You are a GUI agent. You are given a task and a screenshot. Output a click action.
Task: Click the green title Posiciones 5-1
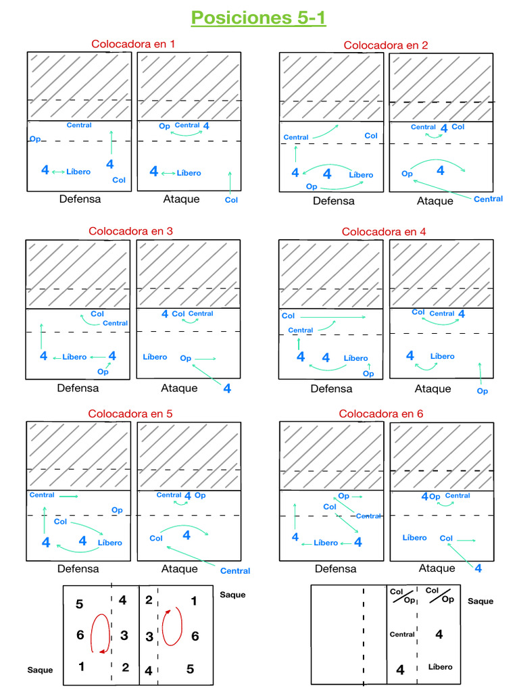(x=259, y=17)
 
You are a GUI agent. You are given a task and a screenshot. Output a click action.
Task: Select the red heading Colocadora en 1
(x=133, y=44)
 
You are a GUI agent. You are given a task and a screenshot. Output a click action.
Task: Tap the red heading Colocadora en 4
(x=384, y=231)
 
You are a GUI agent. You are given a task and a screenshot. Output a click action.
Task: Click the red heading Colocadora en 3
(x=131, y=231)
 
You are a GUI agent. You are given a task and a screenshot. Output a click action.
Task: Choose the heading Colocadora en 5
(x=130, y=413)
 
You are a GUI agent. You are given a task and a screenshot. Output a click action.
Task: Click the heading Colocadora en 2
(x=385, y=45)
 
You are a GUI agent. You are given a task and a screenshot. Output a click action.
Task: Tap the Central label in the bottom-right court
(x=402, y=635)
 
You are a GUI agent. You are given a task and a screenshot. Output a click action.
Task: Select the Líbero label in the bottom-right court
(x=440, y=667)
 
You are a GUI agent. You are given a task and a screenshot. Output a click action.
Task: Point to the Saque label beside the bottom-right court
(x=480, y=601)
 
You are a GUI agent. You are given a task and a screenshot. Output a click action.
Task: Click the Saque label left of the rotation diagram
(x=40, y=670)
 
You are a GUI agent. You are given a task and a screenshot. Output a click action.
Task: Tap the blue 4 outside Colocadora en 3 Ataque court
(x=227, y=389)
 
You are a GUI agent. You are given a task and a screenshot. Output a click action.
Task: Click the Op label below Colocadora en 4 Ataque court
(x=482, y=391)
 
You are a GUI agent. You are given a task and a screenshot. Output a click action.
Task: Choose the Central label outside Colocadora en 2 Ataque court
(x=488, y=199)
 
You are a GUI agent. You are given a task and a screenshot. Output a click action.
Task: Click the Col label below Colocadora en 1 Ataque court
(x=231, y=199)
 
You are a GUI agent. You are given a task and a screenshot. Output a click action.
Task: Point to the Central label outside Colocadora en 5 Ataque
(x=235, y=571)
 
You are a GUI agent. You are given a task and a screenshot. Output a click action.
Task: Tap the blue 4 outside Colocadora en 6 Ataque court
(x=478, y=569)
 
